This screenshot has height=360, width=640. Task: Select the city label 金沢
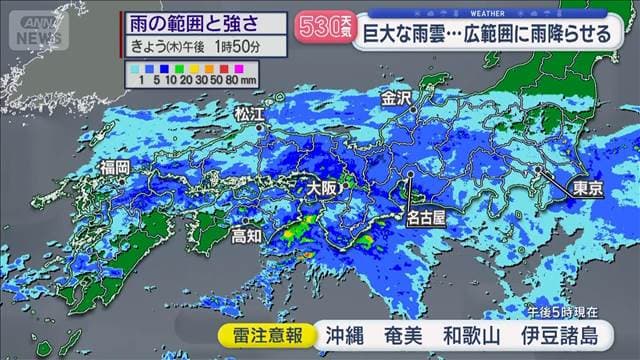395,99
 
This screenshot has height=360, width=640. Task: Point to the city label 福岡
115,167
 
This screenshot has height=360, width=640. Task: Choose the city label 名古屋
427,214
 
